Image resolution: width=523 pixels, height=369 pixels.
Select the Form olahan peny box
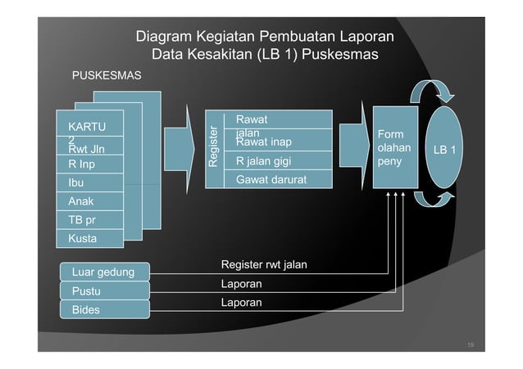[x=392, y=148]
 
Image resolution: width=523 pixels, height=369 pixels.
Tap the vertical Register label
[x=213, y=147]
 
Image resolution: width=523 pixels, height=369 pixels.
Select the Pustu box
[x=93, y=290]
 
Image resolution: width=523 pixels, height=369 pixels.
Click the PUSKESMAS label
[x=107, y=76]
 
